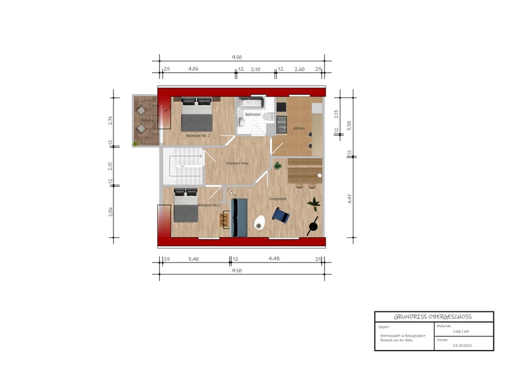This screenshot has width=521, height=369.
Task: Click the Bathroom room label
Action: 253,115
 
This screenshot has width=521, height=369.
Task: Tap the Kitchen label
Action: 299,128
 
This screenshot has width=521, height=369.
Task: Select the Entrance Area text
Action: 237,163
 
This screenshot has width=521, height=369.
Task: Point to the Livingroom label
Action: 277,199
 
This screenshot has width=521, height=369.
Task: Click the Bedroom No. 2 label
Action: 198,135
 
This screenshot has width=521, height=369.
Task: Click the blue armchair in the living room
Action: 281,216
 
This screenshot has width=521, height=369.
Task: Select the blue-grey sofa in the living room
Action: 239,217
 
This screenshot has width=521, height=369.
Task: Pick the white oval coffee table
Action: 260,223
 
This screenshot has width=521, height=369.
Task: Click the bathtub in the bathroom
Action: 253,102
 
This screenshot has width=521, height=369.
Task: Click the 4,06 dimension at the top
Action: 193,69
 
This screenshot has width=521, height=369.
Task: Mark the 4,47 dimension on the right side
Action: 350,198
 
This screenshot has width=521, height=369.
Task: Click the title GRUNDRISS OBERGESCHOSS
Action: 434,317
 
